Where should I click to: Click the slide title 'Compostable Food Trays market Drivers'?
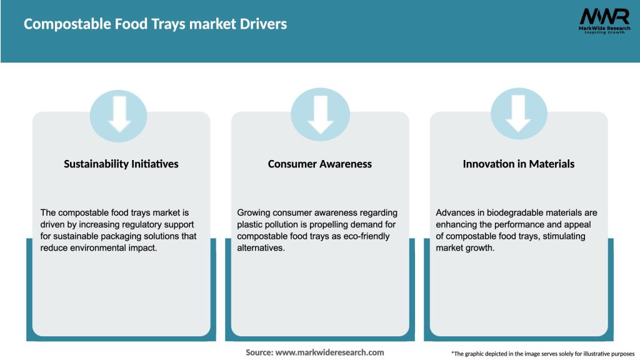pyautogui.click(x=155, y=24)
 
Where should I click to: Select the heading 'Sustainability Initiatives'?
pyautogui.click(x=121, y=164)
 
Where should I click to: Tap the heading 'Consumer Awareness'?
pyautogui.click(x=319, y=164)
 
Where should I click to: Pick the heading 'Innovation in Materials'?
pyautogui.click(x=518, y=164)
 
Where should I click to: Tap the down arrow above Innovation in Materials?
pyautogui.click(x=519, y=114)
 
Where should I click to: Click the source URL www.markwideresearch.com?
pyautogui.click(x=329, y=352)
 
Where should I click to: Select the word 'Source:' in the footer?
pyautogui.click(x=259, y=352)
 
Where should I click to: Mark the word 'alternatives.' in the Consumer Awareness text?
pyautogui.click(x=261, y=248)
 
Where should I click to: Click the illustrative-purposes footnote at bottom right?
pyautogui.click(x=542, y=354)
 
